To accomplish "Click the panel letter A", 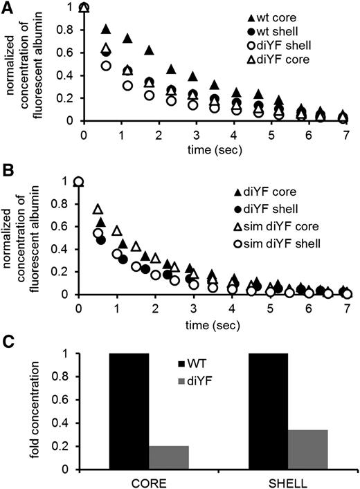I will click(x=7, y=6).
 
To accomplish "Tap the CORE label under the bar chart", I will click(x=148, y=481).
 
